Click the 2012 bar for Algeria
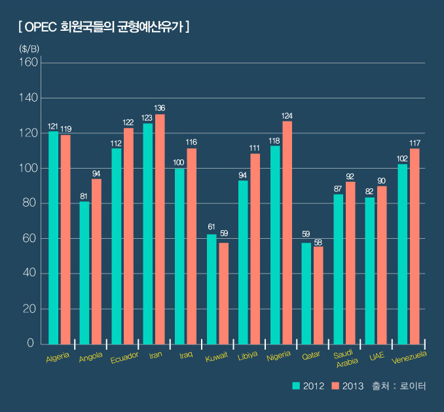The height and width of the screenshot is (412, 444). [53, 237]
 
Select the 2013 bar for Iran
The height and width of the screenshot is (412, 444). [160, 229]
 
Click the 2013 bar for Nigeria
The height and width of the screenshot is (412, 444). [287, 232]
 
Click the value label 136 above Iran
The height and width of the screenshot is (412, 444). [160, 108]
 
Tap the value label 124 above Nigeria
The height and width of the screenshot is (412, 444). [287, 115]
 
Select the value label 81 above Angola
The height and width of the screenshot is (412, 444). [84, 196]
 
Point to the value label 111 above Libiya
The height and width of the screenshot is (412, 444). [255, 148]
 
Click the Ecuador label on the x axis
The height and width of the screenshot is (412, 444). [124, 358]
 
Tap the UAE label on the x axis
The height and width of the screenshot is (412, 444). [376, 356]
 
